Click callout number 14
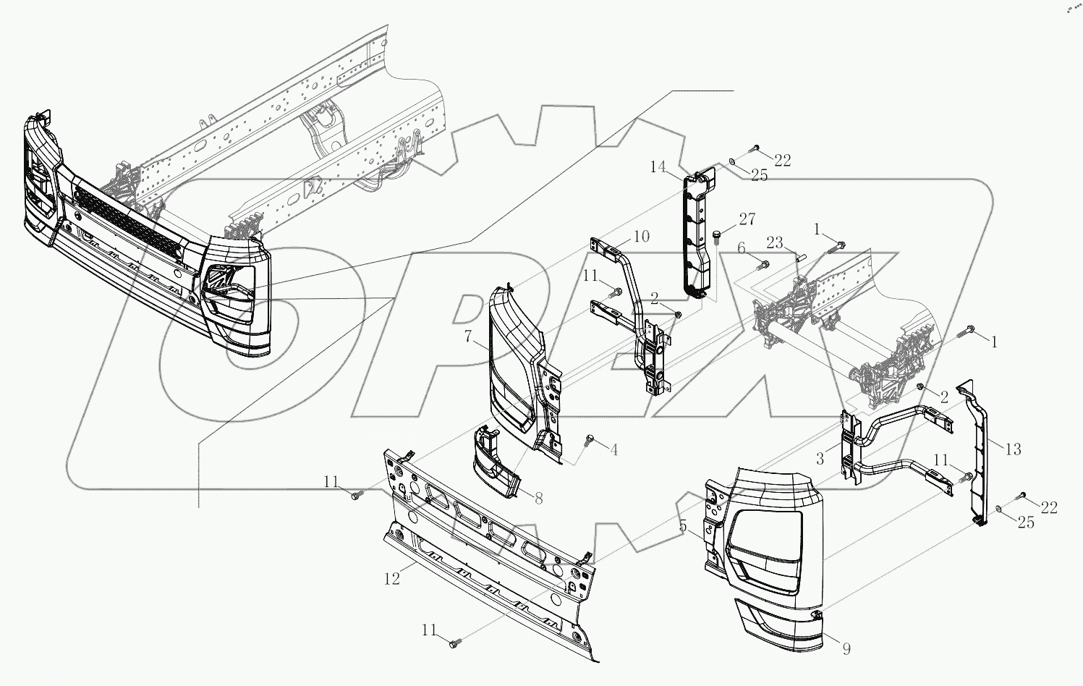point(658,167)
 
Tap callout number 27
point(747,219)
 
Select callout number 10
point(641,236)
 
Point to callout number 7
point(468,336)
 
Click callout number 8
point(538,498)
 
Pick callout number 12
point(391,580)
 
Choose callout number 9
point(846,649)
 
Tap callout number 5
point(683,526)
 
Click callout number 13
point(1013,449)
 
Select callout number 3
point(820,458)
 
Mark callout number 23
point(774,243)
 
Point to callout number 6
point(741,248)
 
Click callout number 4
point(613,450)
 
